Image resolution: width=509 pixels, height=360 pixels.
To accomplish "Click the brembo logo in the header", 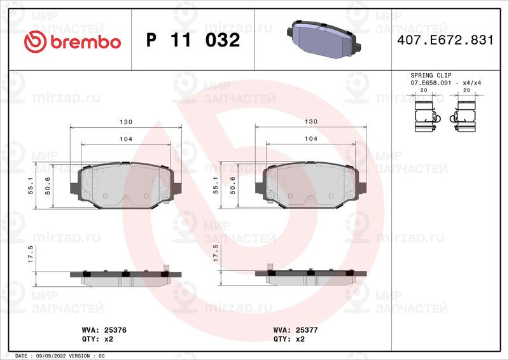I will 71,41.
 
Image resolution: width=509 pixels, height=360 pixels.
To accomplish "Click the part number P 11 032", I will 193,41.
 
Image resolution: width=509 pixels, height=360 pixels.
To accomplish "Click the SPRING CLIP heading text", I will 431,75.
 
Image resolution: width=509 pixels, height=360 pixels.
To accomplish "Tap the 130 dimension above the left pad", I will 125,121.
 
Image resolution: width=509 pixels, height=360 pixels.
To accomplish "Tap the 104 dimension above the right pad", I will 312,138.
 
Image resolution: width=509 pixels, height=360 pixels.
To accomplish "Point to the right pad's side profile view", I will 312,275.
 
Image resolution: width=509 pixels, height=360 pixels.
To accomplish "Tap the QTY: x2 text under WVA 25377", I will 289,340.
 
